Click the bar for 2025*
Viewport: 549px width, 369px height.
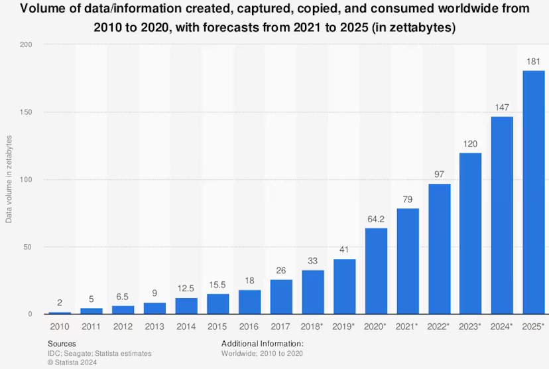click(534, 192)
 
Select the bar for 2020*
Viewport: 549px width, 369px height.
click(376, 271)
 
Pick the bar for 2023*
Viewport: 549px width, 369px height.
click(471, 233)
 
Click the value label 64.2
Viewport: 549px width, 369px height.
click(376, 218)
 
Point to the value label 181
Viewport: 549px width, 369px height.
click(534, 60)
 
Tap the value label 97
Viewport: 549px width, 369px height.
click(439, 173)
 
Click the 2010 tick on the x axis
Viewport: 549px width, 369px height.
click(60, 327)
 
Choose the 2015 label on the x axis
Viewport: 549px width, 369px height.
click(217, 327)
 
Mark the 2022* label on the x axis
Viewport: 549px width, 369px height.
click(439, 327)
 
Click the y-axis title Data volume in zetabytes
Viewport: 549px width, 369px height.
click(9, 179)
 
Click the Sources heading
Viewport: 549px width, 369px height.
click(62, 344)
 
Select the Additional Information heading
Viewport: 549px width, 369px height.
click(262, 344)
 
